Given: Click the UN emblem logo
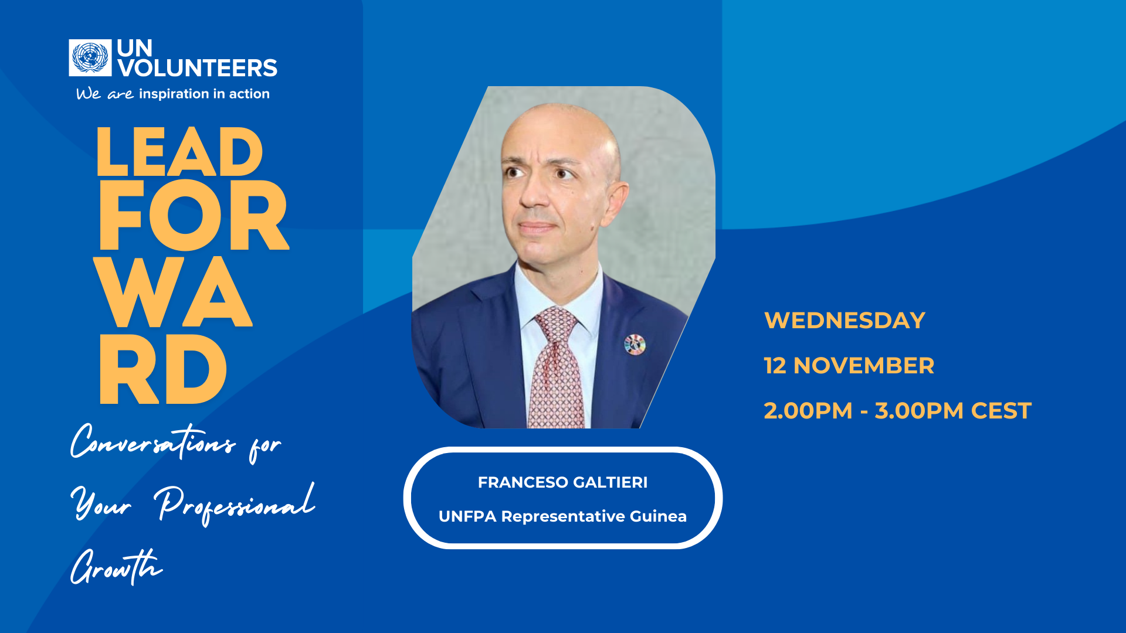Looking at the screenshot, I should coord(90,57).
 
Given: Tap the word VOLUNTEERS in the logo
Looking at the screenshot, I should coord(197,68).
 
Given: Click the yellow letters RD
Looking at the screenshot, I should coord(163,370).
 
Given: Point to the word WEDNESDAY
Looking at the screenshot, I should coord(844,321).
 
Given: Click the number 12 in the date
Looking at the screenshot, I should coord(774,366).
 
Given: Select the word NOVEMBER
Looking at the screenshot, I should coord(863,366).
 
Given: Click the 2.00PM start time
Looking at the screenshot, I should coord(808,411).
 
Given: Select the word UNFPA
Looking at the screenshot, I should coord(467,516).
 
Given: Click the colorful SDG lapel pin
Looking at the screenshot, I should coord(635,345).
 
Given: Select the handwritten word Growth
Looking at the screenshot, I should coord(116,567).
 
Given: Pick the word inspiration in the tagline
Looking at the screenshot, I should coord(174,94).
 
